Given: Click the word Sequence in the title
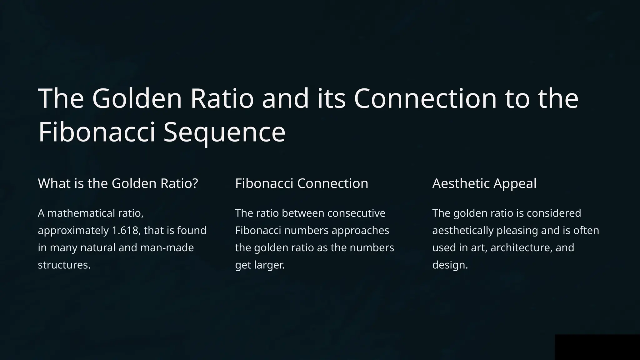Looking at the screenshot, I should pyautogui.click(x=224, y=132).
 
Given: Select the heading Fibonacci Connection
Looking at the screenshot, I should pyautogui.click(x=302, y=183).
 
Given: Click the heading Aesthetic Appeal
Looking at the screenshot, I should pyautogui.click(x=484, y=183).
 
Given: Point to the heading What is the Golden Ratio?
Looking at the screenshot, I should pyautogui.click(x=118, y=183).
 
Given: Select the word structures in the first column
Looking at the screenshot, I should pyautogui.click(x=64, y=265).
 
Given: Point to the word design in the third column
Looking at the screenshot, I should pyautogui.click(x=449, y=265).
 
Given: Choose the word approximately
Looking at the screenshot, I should pyautogui.click(x=73, y=231).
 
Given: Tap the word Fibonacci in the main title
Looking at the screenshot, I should pyautogui.click(x=97, y=132).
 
